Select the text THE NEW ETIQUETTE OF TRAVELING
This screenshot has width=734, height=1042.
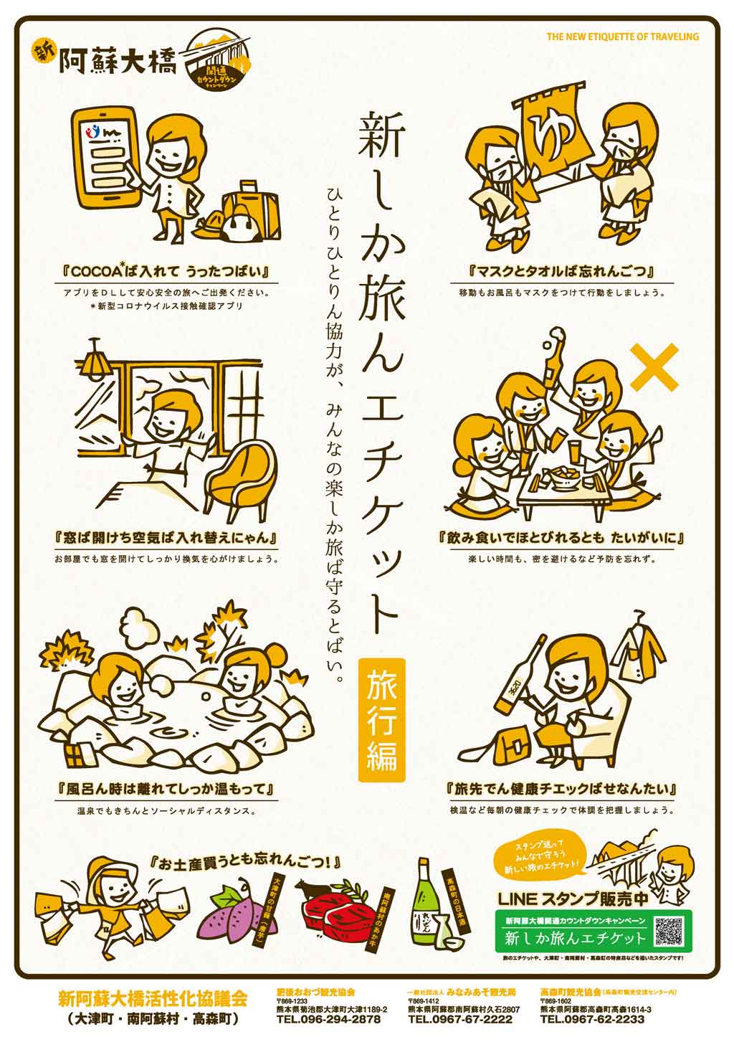tap(621, 37)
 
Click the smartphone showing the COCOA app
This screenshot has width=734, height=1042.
tap(103, 157)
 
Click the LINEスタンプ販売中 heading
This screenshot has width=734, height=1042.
tap(572, 898)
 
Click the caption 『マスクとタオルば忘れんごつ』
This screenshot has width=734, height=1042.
tap(561, 272)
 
